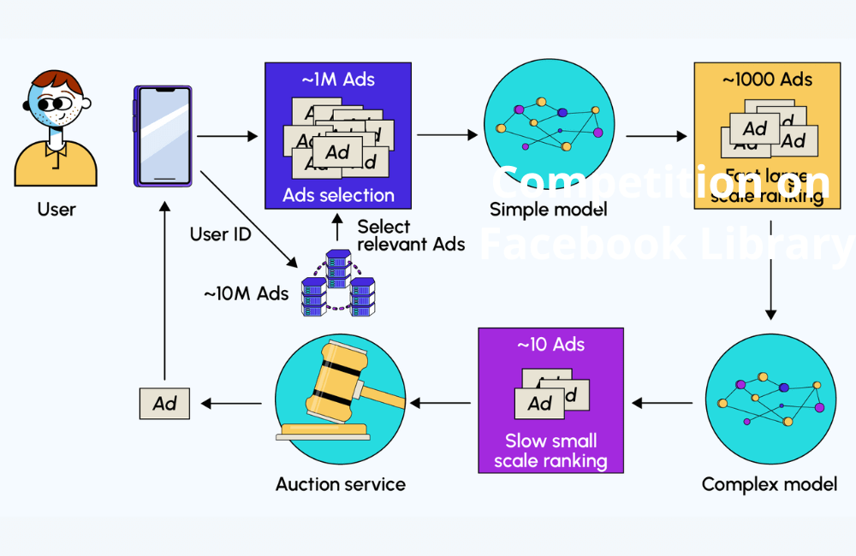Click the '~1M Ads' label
pyautogui.click(x=338, y=80)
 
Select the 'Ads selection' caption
pyautogui.click(x=338, y=195)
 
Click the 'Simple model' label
pyautogui.click(x=537, y=210)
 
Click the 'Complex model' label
pyautogui.click(x=769, y=484)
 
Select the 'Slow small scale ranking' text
pyautogui.click(x=550, y=451)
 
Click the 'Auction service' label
pyautogui.click(x=340, y=484)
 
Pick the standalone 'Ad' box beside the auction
pyautogui.click(x=164, y=403)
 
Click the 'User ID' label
pyautogui.click(x=220, y=234)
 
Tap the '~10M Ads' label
pyautogui.click(x=245, y=293)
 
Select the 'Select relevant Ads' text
pyautogui.click(x=411, y=235)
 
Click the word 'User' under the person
pyautogui.click(x=56, y=209)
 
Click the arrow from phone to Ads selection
pyautogui.click(x=226, y=136)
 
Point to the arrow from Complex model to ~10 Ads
pyautogui.click(x=662, y=403)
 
